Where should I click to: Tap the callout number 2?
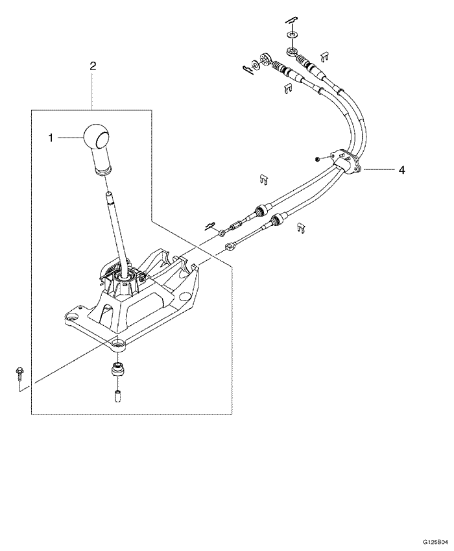pyautogui.click(x=93, y=66)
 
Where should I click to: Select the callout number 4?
pyautogui.click(x=402, y=169)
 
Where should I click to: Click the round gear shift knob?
pyautogui.click(x=97, y=137)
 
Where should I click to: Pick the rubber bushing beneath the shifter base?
pyautogui.click(x=117, y=370)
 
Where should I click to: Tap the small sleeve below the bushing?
pyautogui.click(x=117, y=395)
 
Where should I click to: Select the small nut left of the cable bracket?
pyautogui.click(x=315, y=158)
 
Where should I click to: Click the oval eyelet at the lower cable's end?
pyautogui.click(x=232, y=246)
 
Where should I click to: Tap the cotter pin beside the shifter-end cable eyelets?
pyautogui.click(x=209, y=225)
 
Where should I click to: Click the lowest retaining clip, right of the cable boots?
pyautogui.click(x=300, y=227)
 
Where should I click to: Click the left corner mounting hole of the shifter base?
pyautogui.click(x=70, y=317)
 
